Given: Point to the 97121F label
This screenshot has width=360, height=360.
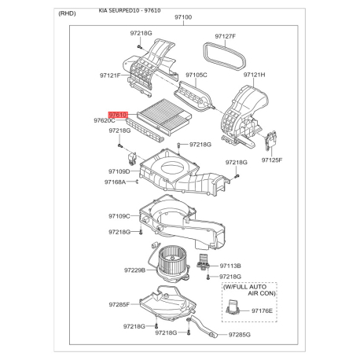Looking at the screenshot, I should click(x=110, y=75).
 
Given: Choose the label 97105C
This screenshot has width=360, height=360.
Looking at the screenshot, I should click(x=196, y=75).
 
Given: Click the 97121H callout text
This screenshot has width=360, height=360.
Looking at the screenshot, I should click(x=254, y=75).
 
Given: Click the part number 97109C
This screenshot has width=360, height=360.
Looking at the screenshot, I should click(x=119, y=216).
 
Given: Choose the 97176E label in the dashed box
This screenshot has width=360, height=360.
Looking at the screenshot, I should click(x=263, y=312).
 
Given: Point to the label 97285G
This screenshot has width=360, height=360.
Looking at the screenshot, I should click(x=239, y=335).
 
